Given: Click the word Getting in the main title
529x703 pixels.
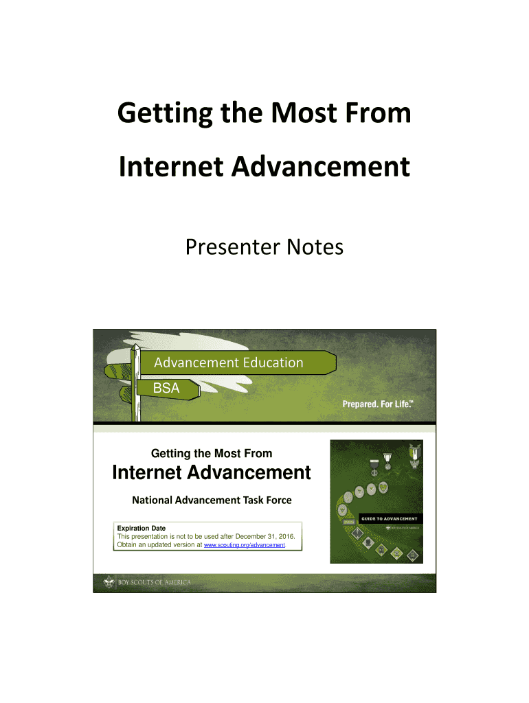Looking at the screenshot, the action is click(x=165, y=113).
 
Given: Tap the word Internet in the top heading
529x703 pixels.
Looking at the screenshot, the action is click(x=171, y=167).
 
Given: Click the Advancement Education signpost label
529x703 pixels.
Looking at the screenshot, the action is click(x=229, y=362).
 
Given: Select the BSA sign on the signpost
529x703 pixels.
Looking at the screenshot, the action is click(x=166, y=388).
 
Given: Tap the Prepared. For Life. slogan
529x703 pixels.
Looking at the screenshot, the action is click(x=378, y=404).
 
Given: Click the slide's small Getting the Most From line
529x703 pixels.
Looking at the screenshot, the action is click(x=212, y=453).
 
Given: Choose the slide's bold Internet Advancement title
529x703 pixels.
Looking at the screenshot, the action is click(x=212, y=472).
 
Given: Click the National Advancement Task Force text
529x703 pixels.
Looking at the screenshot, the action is click(x=212, y=500).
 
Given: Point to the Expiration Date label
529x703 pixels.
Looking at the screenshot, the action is click(x=142, y=528).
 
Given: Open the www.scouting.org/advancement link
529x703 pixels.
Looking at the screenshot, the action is click(x=245, y=544).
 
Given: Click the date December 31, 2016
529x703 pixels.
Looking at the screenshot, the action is click(x=264, y=536).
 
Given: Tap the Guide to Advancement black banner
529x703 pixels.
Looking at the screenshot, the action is click(x=390, y=519).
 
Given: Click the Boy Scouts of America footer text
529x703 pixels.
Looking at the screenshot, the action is click(x=155, y=582).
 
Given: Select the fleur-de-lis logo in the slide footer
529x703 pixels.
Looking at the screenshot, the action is click(x=109, y=582).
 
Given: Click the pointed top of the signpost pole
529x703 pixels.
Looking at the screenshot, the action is click(x=135, y=345).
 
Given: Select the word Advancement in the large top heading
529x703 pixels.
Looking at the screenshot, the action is click(x=320, y=167).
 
